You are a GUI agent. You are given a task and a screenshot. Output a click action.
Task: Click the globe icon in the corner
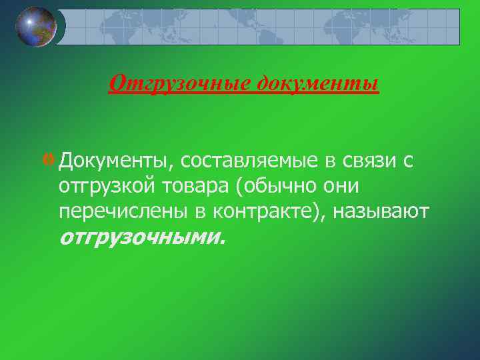click(x=36, y=27)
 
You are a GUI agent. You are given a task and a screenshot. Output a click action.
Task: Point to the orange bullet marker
click(x=51, y=160)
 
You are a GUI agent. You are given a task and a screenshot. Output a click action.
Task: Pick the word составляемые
click(x=255, y=161)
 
